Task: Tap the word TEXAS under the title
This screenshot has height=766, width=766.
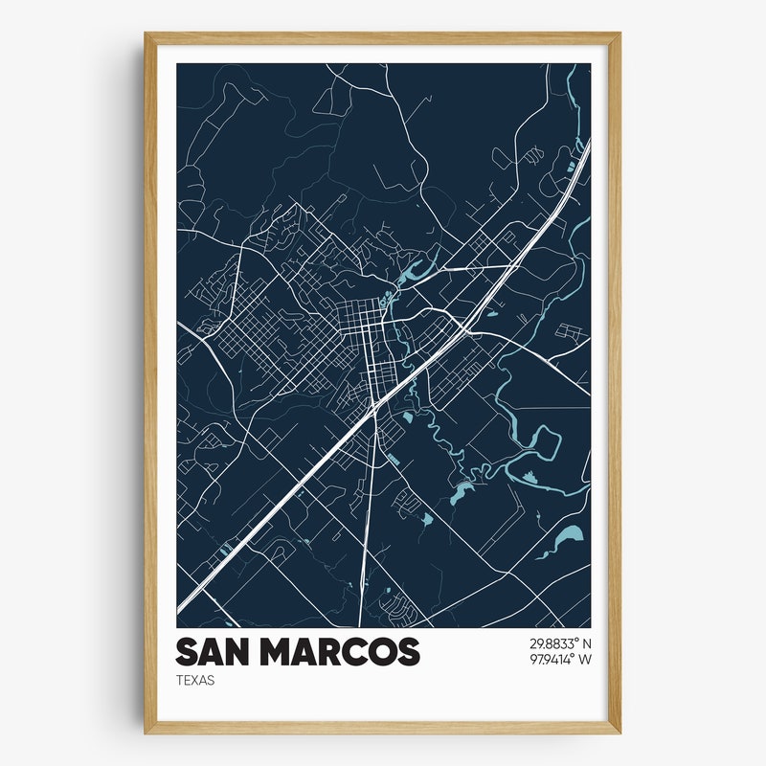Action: point(195,681)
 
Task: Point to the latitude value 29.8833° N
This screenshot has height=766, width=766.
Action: point(560,643)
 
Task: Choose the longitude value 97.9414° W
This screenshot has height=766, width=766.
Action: point(559,659)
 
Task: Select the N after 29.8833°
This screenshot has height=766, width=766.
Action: point(587,643)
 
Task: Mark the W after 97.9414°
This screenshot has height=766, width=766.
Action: point(586,659)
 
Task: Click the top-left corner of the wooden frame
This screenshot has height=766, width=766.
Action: point(146,35)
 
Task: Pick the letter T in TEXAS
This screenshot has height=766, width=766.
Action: point(179,681)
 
